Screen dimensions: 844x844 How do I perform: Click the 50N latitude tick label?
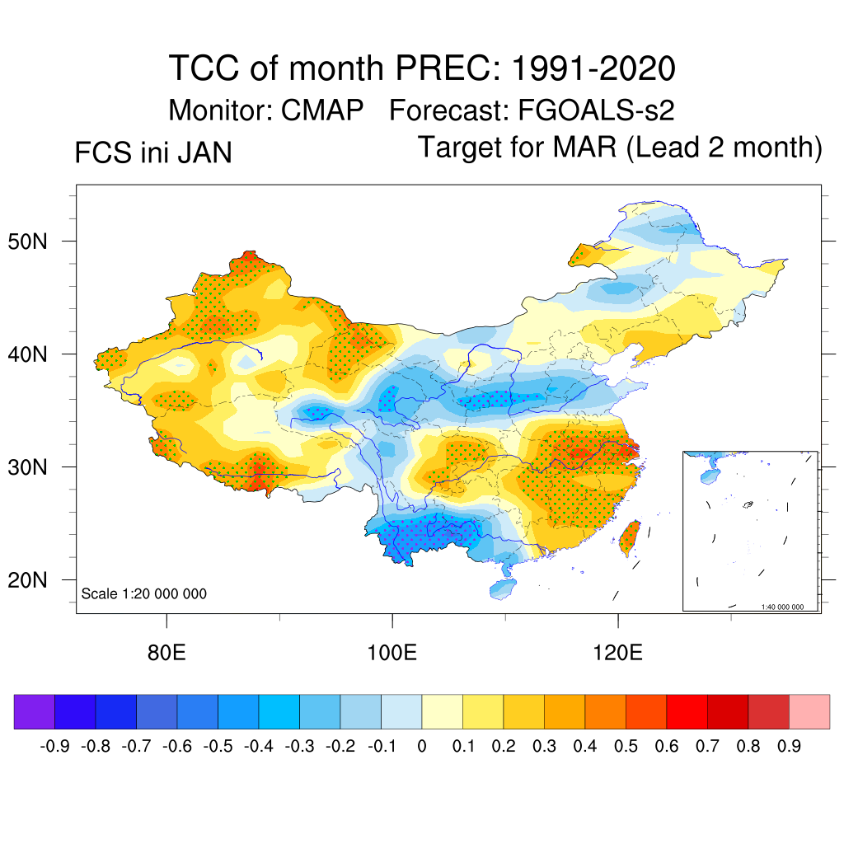tap(35, 242)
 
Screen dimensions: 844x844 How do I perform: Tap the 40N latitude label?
tap(35, 355)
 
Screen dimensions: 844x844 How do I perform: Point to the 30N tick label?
tap(35, 467)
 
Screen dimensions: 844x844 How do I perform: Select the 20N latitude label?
tap(35, 580)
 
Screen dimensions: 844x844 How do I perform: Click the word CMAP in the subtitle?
tap(322, 110)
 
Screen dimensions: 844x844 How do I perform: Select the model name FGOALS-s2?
tap(597, 110)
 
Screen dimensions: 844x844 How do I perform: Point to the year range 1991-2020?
tap(593, 68)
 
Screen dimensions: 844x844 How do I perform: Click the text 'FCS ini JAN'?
tap(153, 153)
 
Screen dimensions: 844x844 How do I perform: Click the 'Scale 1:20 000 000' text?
tap(144, 593)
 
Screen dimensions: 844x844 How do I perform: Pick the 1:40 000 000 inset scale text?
tap(787, 607)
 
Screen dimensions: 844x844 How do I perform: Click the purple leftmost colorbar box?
tap(35, 711)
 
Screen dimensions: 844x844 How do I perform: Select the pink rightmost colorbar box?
tap(809, 711)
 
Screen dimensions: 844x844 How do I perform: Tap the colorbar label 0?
tap(421, 747)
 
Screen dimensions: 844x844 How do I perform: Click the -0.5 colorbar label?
tap(218, 747)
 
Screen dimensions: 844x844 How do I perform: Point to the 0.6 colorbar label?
tap(667, 747)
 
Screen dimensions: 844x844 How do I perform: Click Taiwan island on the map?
tap(629, 536)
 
